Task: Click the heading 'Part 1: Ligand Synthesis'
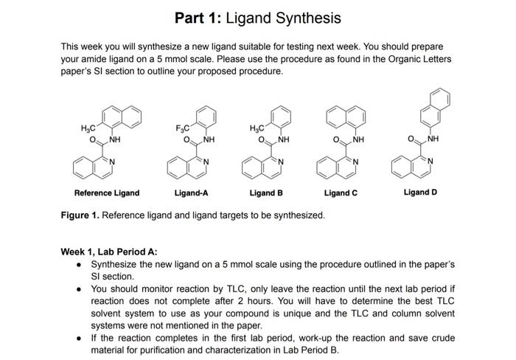tap(257, 17)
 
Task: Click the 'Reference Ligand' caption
tap(106, 193)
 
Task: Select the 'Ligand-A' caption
tap(191, 193)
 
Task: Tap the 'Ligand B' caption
tap(266, 193)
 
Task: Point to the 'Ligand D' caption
tap(420, 193)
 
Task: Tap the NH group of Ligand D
tap(433, 139)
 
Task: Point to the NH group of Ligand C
tap(358, 139)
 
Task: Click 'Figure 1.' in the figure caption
tap(80, 215)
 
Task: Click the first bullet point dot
tap(79, 264)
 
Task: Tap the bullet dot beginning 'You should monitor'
tap(79, 289)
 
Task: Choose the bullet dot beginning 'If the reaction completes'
tap(79, 338)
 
